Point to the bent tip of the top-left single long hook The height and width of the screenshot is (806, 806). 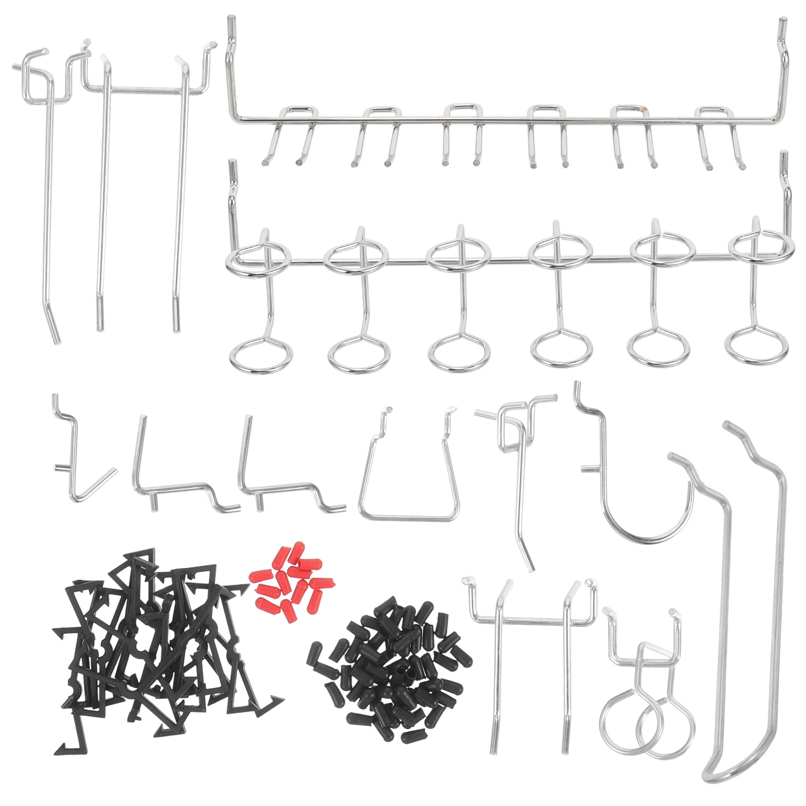pyautogui.click(x=54, y=330)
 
